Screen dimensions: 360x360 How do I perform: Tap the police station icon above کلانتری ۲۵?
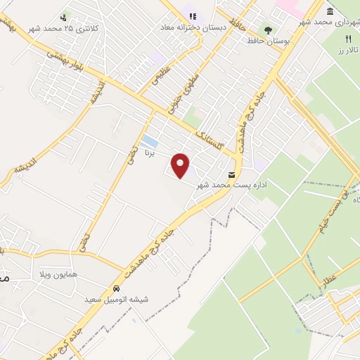point(64,18)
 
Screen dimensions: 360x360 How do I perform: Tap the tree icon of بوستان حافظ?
point(267,30)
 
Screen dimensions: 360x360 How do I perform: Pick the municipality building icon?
point(330,13)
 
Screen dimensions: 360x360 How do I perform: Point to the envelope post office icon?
point(231,174)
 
